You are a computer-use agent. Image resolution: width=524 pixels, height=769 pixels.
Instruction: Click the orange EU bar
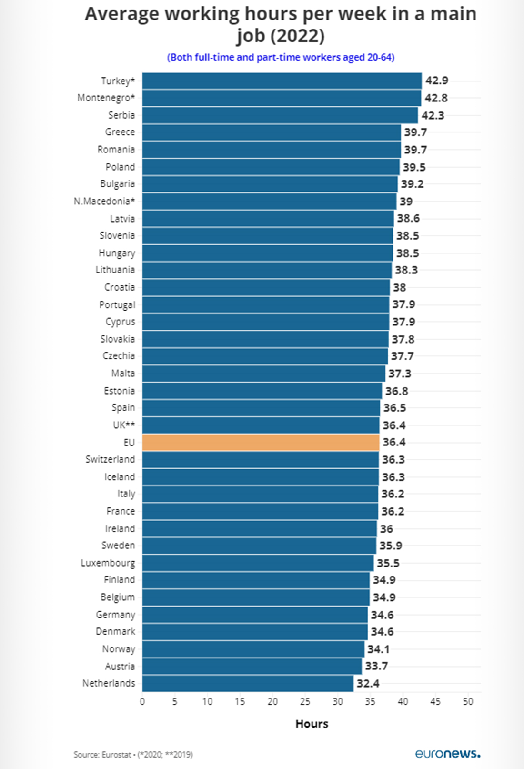point(261,442)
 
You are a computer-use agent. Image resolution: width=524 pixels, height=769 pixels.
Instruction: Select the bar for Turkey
point(282,81)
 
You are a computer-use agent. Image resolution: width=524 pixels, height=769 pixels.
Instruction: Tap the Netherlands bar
point(248,683)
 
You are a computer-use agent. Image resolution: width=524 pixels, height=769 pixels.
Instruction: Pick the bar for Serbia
point(280,115)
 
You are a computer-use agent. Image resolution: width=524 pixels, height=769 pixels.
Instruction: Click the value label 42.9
point(437,81)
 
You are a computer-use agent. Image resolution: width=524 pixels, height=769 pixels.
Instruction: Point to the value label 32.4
point(368,683)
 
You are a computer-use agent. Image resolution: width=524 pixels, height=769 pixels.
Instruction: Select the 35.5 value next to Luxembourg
point(388,563)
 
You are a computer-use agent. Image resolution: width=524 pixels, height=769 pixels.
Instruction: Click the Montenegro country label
point(106,98)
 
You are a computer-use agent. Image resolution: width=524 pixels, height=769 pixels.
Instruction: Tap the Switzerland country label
point(110,459)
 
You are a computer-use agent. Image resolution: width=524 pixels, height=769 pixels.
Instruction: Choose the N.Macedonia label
point(104,201)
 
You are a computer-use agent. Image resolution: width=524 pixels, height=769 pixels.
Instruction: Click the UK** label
point(123,425)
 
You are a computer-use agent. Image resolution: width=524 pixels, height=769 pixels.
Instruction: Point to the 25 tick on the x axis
point(305,701)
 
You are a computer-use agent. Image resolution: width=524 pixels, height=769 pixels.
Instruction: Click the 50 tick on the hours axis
point(468,701)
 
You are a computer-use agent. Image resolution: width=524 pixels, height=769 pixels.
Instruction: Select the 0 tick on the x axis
point(142,701)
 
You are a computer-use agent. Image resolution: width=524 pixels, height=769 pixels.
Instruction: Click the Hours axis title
point(312,724)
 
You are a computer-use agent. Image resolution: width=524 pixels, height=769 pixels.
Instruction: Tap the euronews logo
point(447,753)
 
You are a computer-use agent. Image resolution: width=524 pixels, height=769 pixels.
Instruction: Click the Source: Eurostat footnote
point(133,754)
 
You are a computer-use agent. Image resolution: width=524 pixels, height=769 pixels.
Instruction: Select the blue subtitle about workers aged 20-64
point(281,57)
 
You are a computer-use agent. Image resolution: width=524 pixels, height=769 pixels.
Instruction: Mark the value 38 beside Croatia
point(399,287)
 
